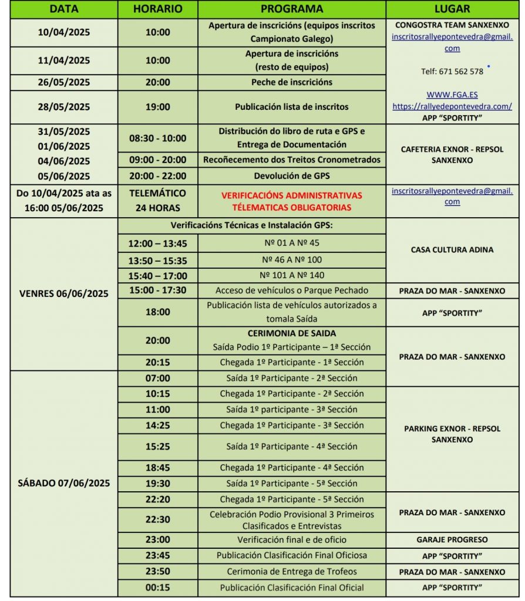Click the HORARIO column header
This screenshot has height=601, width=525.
[x=157, y=9]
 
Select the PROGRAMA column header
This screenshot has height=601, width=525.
[x=291, y=9]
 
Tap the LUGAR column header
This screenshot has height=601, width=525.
[x=452, y=9]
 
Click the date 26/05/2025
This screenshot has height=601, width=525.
[x=65, y=82]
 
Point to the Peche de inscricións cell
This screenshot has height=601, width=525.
[x=291, y=82]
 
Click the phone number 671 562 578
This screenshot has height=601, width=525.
[x=452, y=72]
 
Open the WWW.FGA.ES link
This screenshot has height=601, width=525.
[x=452, y=95]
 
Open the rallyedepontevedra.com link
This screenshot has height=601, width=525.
[x=452, y=106]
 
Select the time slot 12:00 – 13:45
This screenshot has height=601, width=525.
[x=157, y=242]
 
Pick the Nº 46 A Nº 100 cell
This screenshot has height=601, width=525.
[x=291, y=259]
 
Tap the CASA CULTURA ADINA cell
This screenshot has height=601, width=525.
[x=452, y=249]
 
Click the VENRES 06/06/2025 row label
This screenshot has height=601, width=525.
[x=65, y=294]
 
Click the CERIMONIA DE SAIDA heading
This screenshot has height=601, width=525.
[x=291, y=333]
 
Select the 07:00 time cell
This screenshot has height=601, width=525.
[x=157, y=378]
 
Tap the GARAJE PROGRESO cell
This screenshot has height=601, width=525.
[x=452, y=539]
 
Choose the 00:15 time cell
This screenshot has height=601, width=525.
[x=157, y=588]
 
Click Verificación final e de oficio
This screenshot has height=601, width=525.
[x=291, y=539]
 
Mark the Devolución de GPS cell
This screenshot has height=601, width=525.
[x=291, y=175]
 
